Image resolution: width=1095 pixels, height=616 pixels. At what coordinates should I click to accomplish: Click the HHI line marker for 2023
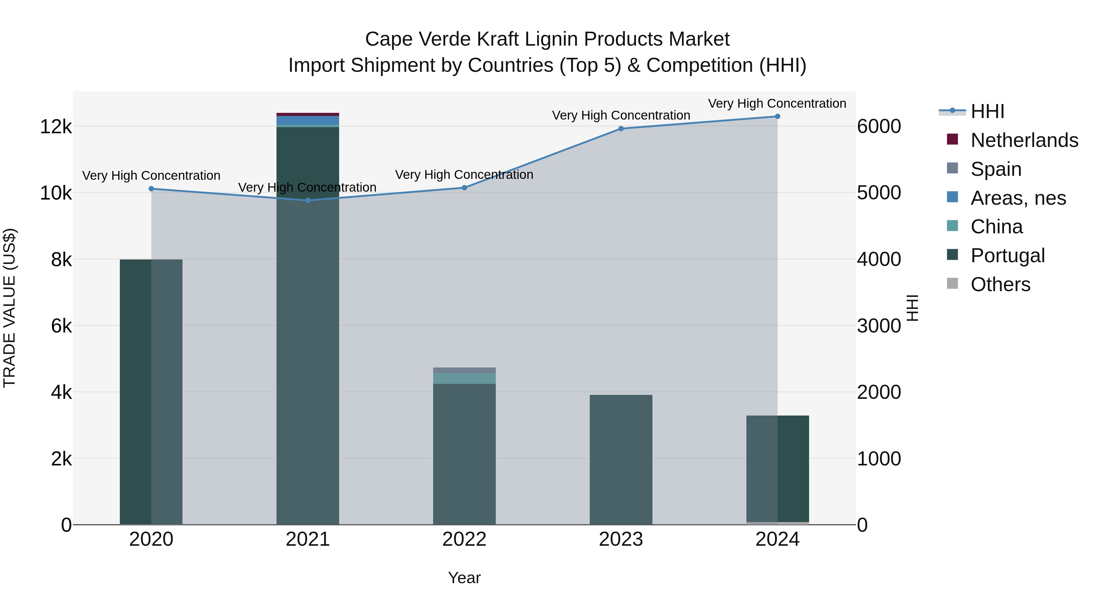[x=620, y=128]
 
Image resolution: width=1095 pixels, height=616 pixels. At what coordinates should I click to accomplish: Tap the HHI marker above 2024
[x=777, y=117]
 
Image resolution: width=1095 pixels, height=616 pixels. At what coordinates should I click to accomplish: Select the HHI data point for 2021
[x=308, y=200]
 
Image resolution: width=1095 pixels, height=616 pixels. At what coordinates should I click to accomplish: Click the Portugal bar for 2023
[x=620, y=459]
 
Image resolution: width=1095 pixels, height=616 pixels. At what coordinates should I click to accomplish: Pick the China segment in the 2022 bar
[x=464, y=378]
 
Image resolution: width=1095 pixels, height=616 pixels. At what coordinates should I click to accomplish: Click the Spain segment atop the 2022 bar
[x=464, y=370]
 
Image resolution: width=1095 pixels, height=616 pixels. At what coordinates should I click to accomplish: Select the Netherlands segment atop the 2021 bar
[x=308, y=114]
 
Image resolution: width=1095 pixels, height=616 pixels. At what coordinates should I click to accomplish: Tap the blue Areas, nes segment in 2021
[x=308, y=120]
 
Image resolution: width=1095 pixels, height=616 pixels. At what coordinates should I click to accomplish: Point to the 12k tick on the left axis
[x=56, y=127]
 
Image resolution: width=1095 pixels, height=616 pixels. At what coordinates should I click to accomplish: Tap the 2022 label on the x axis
[x=464, y=539]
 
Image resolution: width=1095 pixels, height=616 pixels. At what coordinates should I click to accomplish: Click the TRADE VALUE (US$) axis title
[x=10, y=308]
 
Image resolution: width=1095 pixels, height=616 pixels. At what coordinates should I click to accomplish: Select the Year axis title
[x=464, y=578]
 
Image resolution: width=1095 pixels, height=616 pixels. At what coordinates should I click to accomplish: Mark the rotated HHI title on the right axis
[x=912, y=308]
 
